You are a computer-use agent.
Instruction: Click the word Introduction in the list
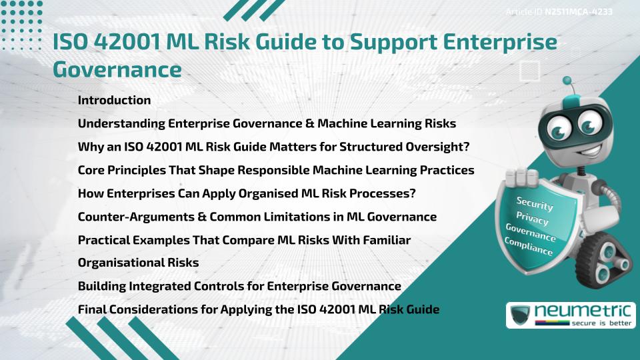(x=114, y=101)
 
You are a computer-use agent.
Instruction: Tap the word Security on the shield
(x=535, y=204)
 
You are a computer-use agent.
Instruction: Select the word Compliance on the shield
(x=529, y=247)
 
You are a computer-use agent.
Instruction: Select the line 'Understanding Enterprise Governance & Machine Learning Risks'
(x=267, y=124)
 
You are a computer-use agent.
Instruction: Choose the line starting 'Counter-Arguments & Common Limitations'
(x=257, y=217)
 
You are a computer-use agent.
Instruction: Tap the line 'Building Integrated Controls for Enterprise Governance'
(x=239, y=286)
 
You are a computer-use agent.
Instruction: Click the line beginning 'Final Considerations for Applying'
(x=259, y=309)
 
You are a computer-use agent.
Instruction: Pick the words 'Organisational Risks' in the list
(x=138, y=263)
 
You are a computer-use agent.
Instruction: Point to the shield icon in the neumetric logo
(x=521, y=315)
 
